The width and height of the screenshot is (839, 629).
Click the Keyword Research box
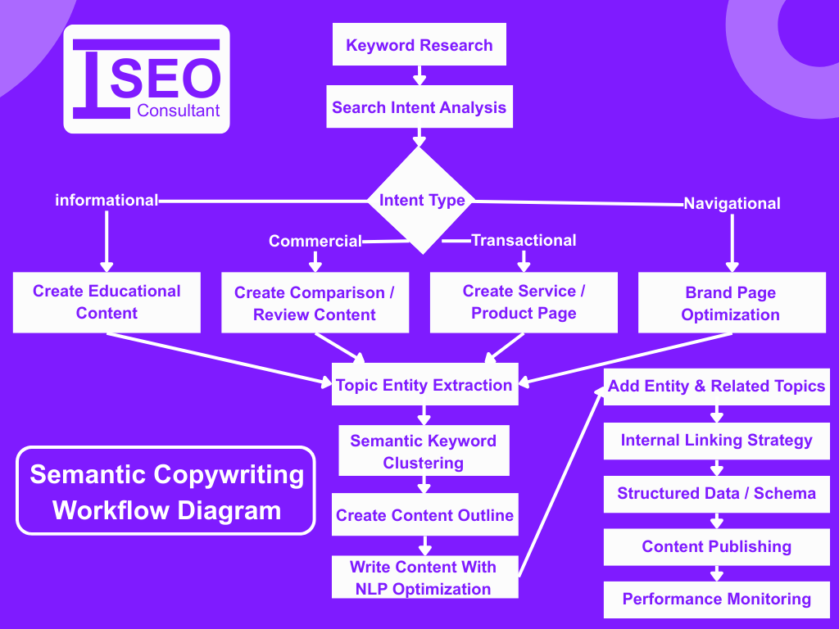[419, 45]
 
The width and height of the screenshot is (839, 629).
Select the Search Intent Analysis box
[419, 107]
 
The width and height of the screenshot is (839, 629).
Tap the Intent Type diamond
[421, 201]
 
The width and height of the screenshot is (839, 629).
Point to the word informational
[106, 200]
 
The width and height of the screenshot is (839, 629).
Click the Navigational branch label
[732, 203]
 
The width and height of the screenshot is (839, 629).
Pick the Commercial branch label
[315, 241]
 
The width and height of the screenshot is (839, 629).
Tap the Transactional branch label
[524, 240]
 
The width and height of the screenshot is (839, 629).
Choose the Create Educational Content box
[107, 302]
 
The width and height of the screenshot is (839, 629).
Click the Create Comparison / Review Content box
[315, 303]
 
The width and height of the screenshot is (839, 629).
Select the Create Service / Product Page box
[524, 302]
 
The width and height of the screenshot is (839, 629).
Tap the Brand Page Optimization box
[731, 303]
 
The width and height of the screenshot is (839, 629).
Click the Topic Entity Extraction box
[424, 385]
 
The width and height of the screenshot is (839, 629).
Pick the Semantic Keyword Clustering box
[424, 451]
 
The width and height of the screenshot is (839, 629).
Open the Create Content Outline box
[424, 515]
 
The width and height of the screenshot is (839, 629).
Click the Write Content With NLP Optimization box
[424, 577]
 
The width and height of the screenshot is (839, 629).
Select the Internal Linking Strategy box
[716, 440]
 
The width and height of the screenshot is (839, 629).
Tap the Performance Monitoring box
[716, 599]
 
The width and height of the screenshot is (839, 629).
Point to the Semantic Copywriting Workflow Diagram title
[166, 491]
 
